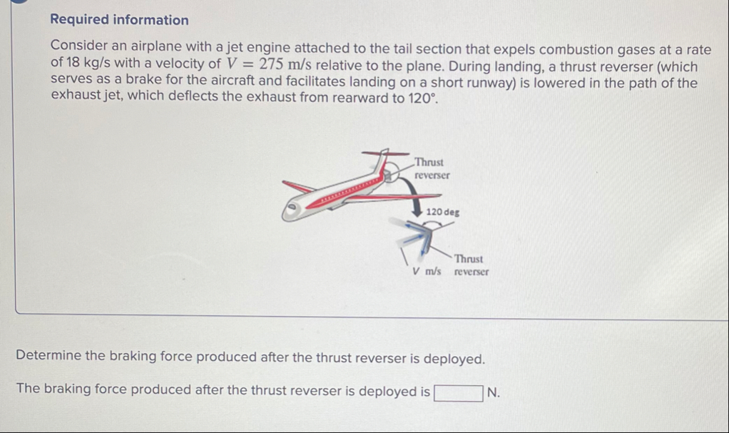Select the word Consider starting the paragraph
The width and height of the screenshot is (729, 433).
tap(79, 49)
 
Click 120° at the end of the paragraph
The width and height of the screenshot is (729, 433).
tap(422, 98)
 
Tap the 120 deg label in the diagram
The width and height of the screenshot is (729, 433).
tap(443, 212)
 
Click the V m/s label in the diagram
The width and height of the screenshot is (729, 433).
tap(427, 271)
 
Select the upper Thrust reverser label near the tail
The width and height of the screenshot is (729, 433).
tap(432, 169)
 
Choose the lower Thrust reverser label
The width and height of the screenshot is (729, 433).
tap(471, 265)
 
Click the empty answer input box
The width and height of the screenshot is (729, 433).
tap(459, 392)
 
